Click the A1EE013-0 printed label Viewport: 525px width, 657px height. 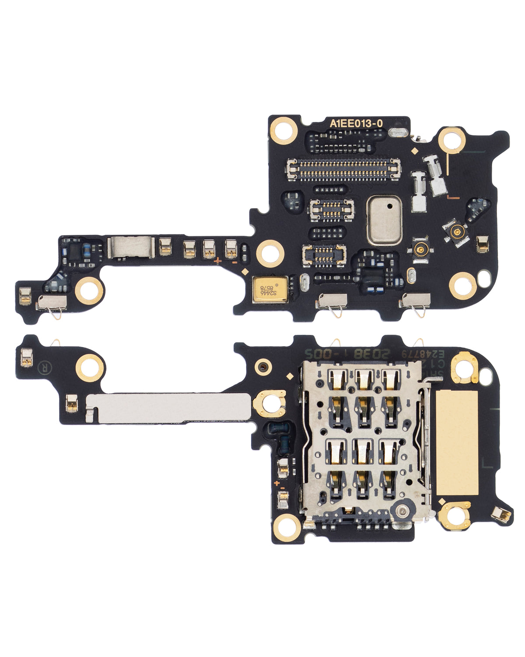pyautogui.click(x=356, y=124)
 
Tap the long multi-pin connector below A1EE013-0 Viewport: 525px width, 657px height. pyautogui.click(x=343, y=170)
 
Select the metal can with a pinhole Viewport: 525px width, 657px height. pyautogui.click(x=384, y=220)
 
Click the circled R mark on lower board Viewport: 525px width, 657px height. pyautogui.click(x=44, y=368)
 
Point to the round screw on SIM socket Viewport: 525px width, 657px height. pyautogui.click(x=402, y=510)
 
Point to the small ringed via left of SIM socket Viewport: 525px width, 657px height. pyautogui.click(x=262, y=367)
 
